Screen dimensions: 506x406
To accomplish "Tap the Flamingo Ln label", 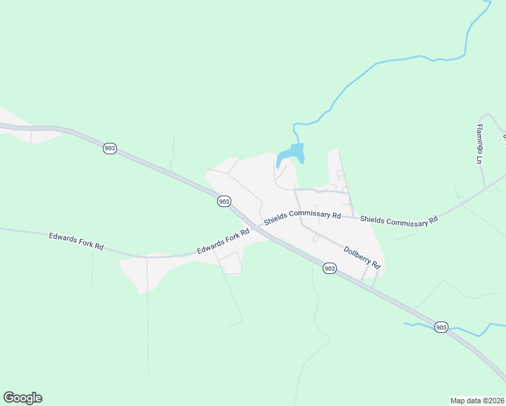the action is click(479, 144).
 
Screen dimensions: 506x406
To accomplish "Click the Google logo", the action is click(22, 398).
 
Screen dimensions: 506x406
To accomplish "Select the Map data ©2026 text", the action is click(477, 400).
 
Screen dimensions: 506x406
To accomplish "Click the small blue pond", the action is click(290, 156).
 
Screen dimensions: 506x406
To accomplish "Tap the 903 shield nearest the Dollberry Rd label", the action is click(329, 269).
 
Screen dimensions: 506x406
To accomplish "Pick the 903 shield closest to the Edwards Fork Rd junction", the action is click(225, 201).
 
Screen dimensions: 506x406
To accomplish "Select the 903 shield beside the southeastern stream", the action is click(441, 327).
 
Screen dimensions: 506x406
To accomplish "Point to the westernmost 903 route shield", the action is click(110, 148).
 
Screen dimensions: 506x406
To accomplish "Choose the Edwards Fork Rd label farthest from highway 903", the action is click(76, 242).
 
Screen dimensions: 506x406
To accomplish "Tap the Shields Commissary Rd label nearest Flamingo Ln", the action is click(398, 220).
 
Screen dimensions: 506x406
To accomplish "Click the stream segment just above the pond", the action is click(295, 132).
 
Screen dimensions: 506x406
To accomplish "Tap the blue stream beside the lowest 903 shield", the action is click(467, 331).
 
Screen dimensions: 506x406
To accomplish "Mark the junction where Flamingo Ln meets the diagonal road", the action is click(485, 185).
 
